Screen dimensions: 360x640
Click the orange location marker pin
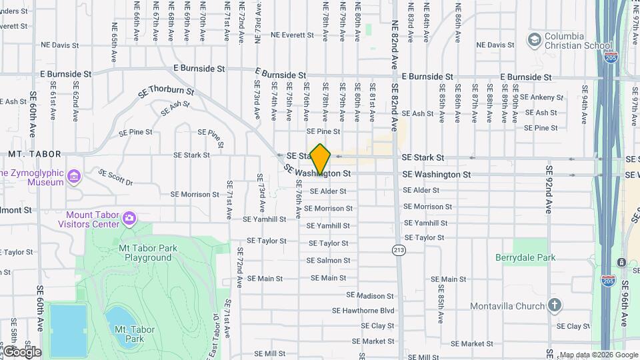[321, 159]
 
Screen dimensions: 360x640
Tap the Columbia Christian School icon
[533, 41]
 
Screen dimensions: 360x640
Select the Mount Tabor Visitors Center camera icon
[129, 217]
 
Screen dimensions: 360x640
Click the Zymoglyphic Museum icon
[73, 177]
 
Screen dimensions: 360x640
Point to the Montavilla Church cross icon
[555, 306]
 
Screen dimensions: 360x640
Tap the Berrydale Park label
[525, 257]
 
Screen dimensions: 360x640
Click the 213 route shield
[399, 250]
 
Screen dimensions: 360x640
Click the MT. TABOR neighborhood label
[35, 154]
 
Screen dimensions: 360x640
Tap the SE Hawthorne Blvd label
[364, 310]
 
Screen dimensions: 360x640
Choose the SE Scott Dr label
[115, 177]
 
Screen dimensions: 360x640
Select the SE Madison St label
[370, 295]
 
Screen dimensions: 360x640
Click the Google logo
[21, 351]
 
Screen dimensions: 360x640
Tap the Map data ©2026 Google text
[598, 355]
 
